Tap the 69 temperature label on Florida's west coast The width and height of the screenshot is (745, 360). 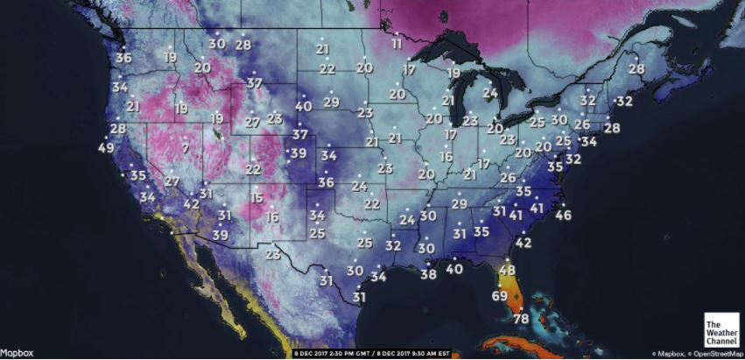click(x=499, y=295)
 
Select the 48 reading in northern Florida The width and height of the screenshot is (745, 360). click(x=507, y=271)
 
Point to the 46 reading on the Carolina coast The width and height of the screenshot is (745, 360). click(x=563, y=215)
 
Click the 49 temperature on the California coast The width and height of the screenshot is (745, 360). click(x=106, y=148)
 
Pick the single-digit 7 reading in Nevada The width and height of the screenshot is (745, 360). click(x=186, y=148)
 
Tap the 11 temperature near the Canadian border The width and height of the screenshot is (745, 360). click(x=397, y=44)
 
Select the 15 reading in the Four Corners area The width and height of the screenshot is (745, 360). click(x=256, y=199)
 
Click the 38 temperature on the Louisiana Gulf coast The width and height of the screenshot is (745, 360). click(x=428, y=274)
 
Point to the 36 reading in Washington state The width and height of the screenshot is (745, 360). click(x=123, y=58)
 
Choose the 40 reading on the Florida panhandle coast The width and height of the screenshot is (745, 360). click(x=453, y=269)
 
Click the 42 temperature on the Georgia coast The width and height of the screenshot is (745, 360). click(x=524, y=242)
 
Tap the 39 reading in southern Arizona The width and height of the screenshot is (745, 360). click(x=221, y=235)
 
